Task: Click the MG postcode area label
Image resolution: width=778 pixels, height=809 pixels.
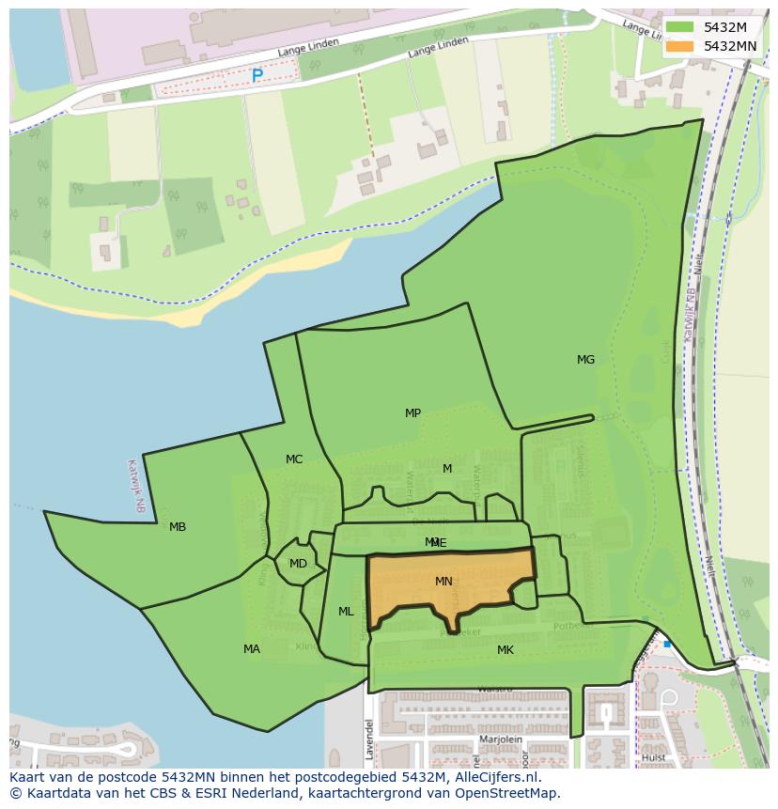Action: (x=585, y=360)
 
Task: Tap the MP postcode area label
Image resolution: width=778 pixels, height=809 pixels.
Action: (x=412, y=413)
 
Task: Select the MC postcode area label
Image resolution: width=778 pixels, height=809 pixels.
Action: (x=294, y=459)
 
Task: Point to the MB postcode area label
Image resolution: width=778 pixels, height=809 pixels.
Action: (x=178, y=527)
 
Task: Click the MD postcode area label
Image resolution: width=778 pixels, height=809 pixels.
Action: (x=298, y=564)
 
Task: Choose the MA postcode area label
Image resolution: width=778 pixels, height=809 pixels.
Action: (x=252, y=649)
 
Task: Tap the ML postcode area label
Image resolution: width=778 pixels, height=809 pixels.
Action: (x=346, y=612)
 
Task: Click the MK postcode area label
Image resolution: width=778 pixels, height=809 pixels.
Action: (x=506, y=650)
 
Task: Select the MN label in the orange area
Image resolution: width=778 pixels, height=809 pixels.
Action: (x=443, y=582)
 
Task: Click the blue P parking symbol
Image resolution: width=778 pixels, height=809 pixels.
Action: (x=257, y=76)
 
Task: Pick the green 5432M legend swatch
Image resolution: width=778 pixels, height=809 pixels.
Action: (x=679, y=27)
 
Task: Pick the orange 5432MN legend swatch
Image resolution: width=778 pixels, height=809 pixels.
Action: (x=679, y=45)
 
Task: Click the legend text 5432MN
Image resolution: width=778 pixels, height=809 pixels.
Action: (x=730, y=45)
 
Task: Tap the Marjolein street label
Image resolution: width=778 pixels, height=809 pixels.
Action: (x=500, y=739)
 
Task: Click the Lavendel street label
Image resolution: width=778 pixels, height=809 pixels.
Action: (x=369, y=739)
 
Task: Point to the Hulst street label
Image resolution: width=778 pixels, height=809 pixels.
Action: (x=654, y=757)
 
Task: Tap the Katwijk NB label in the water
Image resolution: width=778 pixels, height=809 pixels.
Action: (x=137, y=485)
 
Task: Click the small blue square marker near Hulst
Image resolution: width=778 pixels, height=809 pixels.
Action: (x=667, y=645)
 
